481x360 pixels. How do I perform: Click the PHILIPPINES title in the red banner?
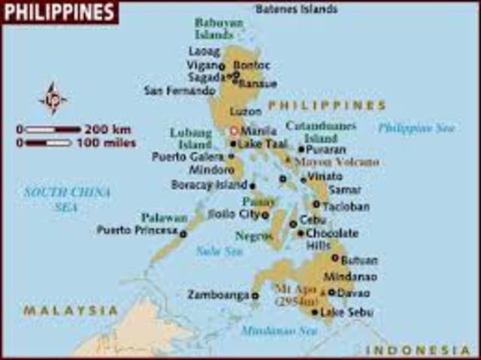coord(59,11)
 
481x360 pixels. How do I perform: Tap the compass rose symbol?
coord(53,98)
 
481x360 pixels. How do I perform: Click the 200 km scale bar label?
coord(110,129)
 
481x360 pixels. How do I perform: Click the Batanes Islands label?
coord(296,9)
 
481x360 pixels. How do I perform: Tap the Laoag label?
coord(204,52)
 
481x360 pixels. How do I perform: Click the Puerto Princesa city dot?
coord(183,234)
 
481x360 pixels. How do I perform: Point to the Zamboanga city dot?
coord(255,296)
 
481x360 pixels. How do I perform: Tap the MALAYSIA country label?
coord(71,310)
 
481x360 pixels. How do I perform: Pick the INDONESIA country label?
coord(419,350)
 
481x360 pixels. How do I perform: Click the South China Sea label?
coord(68,199)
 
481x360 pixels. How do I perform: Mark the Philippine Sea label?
coord(416,128)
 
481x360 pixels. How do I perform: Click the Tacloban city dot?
coord(316,204)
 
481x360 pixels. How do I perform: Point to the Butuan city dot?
coord(335,258)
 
